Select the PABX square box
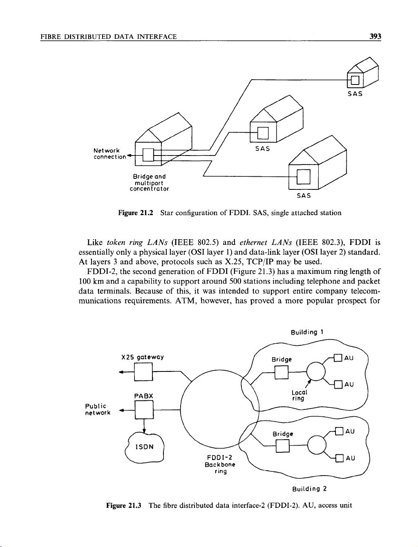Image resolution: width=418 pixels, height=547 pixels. [143, 410]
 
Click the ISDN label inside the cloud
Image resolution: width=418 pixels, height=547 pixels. [145, 446]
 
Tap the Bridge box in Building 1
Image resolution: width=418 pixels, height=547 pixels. [282, 372]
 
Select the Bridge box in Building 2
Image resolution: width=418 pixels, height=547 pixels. [283, 447]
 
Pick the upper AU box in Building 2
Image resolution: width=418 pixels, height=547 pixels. [338, 431]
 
